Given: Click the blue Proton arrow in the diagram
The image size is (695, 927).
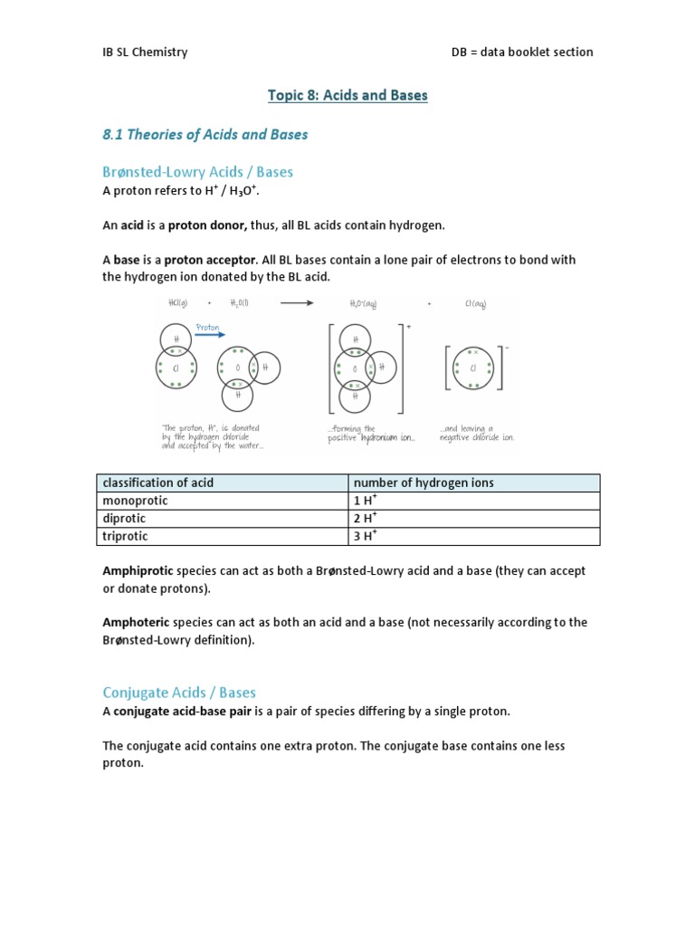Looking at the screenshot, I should click(210, 333).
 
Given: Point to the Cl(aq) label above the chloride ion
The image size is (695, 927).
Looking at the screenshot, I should click(475, 305).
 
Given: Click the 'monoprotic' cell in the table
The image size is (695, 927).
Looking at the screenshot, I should click(136, 501).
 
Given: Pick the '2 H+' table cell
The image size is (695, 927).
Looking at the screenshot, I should click(365, 518).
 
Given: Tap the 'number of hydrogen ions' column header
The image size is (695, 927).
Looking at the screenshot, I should click(424, 483).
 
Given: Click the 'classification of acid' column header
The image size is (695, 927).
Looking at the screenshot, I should click(158, 483).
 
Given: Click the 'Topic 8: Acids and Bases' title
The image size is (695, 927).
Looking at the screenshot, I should click(347, 95).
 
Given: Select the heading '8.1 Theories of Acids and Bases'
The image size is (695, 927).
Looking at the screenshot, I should click(205, 134).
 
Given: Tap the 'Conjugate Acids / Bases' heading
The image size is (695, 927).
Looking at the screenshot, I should click(179, 693).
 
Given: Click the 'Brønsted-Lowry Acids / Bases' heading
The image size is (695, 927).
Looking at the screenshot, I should click(198, 171).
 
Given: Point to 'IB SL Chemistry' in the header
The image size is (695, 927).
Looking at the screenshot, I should click(145, 52).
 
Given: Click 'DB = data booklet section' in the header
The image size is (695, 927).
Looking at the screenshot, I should click(522, 52).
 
